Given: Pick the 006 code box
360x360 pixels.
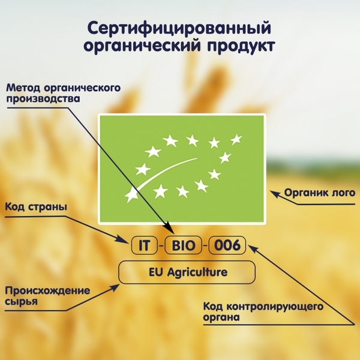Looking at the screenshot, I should tap(227, 245).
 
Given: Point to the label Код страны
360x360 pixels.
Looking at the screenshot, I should tap(35, 207).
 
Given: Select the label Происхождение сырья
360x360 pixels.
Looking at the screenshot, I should tap(47, 296).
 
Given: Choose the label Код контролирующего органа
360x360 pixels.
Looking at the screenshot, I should tap(264, 312).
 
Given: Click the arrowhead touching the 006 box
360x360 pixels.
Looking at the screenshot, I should tap(248, 247).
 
